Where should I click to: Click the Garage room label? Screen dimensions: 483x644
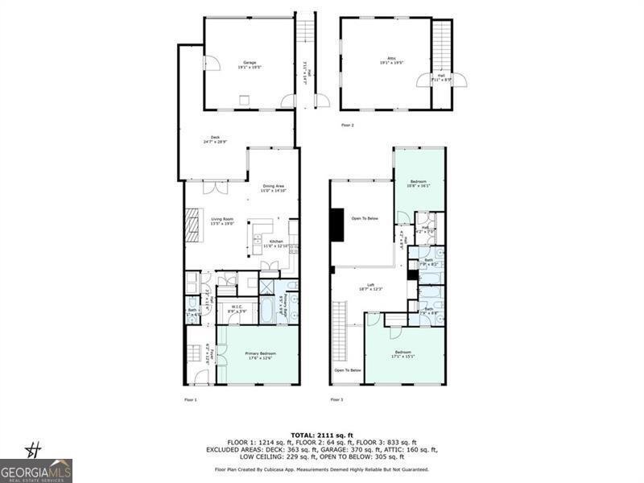(x=250, y=64)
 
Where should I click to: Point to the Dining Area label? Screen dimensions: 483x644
(x=274, y=188)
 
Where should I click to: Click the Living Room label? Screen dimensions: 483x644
(x=222, y=221)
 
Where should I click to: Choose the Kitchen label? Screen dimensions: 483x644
(x=275, y=243)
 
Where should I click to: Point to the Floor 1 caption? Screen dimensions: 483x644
(x=190, y=399)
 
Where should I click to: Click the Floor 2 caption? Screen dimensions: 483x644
(x=347, y=126)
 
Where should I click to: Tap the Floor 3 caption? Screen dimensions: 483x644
(x=336, y=399)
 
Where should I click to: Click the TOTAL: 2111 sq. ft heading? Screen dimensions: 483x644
(x=321, y=435)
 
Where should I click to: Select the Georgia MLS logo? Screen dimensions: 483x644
(x=36, y=470)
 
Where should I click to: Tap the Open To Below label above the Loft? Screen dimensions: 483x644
(x=364, y=218)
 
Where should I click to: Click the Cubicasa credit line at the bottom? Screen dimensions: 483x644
(x=321, y=469)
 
